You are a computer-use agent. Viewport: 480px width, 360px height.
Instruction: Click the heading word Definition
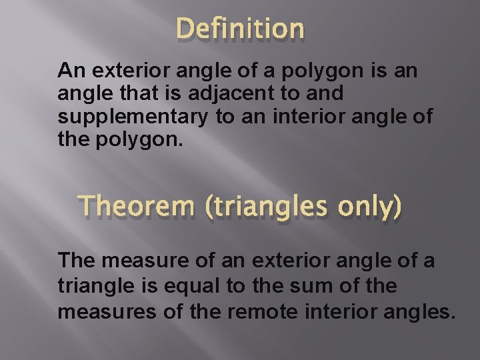[240, 29]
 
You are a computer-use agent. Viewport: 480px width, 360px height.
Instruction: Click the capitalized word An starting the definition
[70, 70]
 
